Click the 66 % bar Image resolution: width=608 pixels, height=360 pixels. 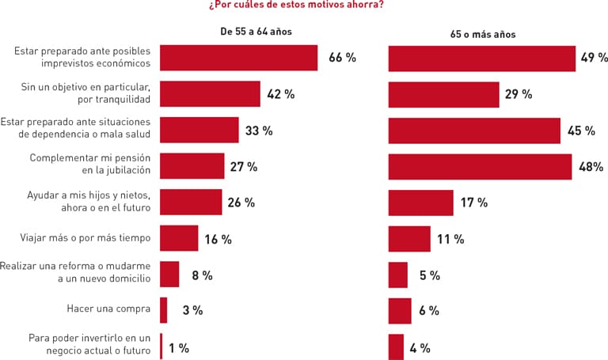pyautogui.click(x=238, y=58)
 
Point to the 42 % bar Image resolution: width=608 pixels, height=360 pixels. pyautogui.click(x=210, y=94)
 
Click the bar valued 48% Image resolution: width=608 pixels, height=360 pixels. pyautogui.click(x=480, y=167)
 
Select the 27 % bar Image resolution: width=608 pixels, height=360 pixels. pyautogui.click(x=192, y=166)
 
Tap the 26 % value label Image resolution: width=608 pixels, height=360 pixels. pyautogui.click(x=241, y=203)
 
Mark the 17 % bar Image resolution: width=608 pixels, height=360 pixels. pyautogui.click(x=420, y=203)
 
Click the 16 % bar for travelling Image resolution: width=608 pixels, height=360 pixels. pyautogui.click(x=179, y=238)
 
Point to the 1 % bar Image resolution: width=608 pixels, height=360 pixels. pyautogui.click(x=161, y=347)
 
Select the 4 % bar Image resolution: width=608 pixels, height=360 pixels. pyautogui.click(x=396, y=347)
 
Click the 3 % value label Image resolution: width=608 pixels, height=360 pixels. pyautogui.click(x=192, y=311)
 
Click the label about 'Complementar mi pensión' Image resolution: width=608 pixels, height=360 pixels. pyautogui.click(x=90, y=165)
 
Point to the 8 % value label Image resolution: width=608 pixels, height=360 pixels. pyautogui.click(x=202, y=275)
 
